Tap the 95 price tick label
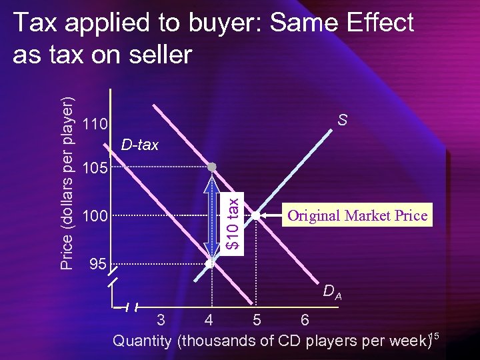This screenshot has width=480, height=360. (97, 265)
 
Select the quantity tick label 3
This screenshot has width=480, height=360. (161, 320)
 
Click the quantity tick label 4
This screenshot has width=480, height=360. (209, 320)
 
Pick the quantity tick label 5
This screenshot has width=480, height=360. (257, 320)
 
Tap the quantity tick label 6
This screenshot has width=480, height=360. (305, 320)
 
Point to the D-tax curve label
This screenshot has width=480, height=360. (139, 145)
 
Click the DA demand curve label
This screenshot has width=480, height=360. (332, 291)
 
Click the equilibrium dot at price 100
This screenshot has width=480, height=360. (256, 215)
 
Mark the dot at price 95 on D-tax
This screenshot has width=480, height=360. (209, 264)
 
